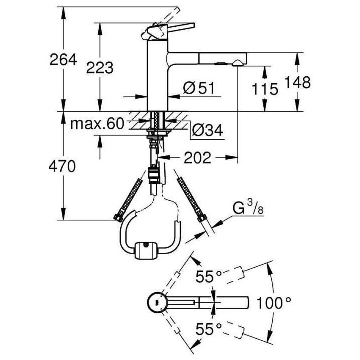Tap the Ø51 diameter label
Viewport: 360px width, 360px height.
click(198, 88)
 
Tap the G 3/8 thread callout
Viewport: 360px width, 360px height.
click(248, 208)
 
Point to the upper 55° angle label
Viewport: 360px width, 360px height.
click(209, 276)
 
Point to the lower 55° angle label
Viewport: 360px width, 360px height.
click(209, 329)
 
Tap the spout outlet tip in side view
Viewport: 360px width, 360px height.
click(239, 62)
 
